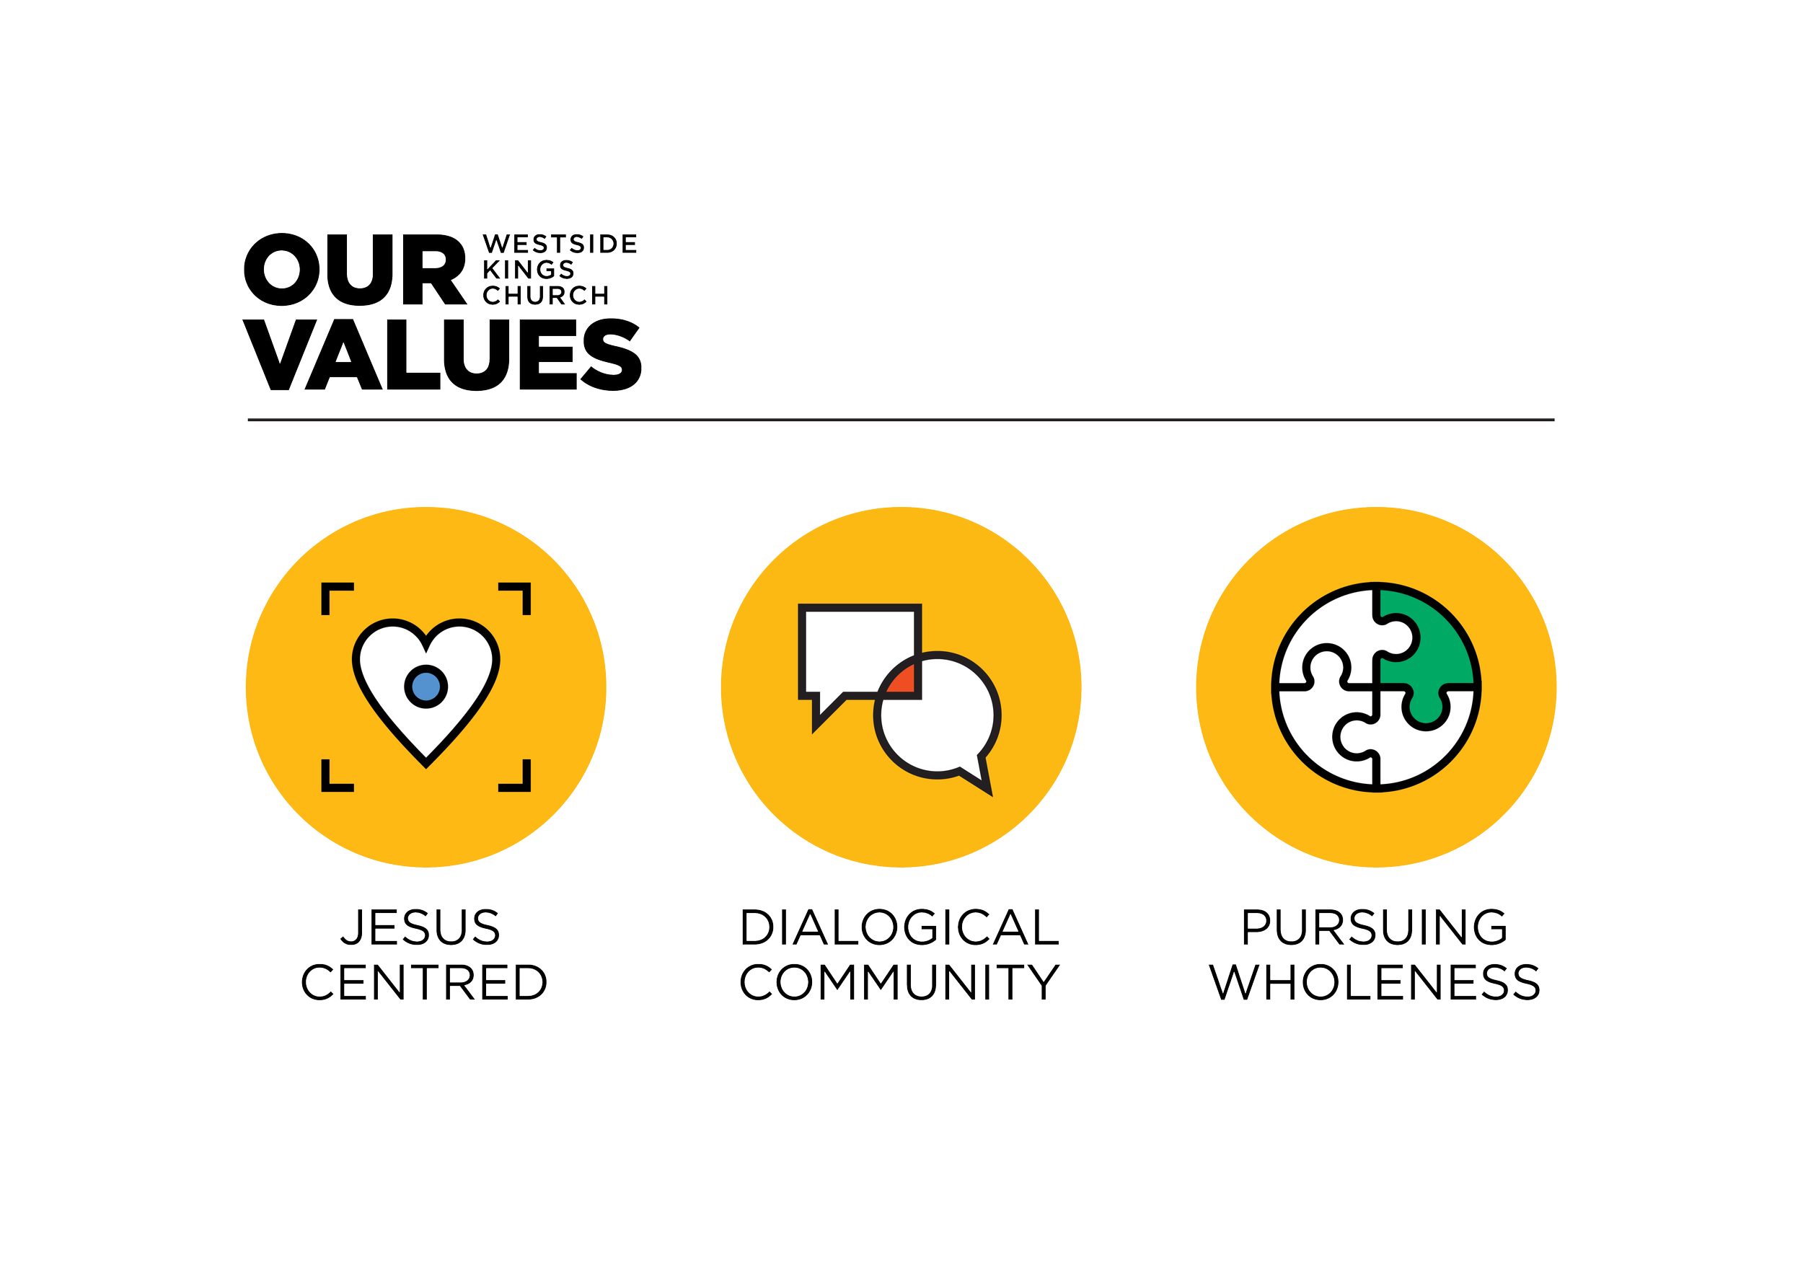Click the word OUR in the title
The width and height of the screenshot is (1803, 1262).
coord(355,270)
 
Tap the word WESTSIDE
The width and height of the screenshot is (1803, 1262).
coord(559,244)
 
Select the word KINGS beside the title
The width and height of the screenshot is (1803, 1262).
coord(528,270)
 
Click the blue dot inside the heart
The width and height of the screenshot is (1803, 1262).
coord(426,686)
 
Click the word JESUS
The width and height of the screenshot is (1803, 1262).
coord(421,927)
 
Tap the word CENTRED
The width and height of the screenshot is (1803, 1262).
coord(424,981)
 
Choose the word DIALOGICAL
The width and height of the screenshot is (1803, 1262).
coord(899,927)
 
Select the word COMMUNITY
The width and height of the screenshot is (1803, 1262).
coord(899,981)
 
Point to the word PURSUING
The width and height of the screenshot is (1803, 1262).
coord(1374,927)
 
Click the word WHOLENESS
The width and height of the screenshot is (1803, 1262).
coord(1374,981)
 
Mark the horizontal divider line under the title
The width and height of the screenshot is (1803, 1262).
coord(901,420)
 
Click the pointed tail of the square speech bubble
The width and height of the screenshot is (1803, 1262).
coord(821,714)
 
